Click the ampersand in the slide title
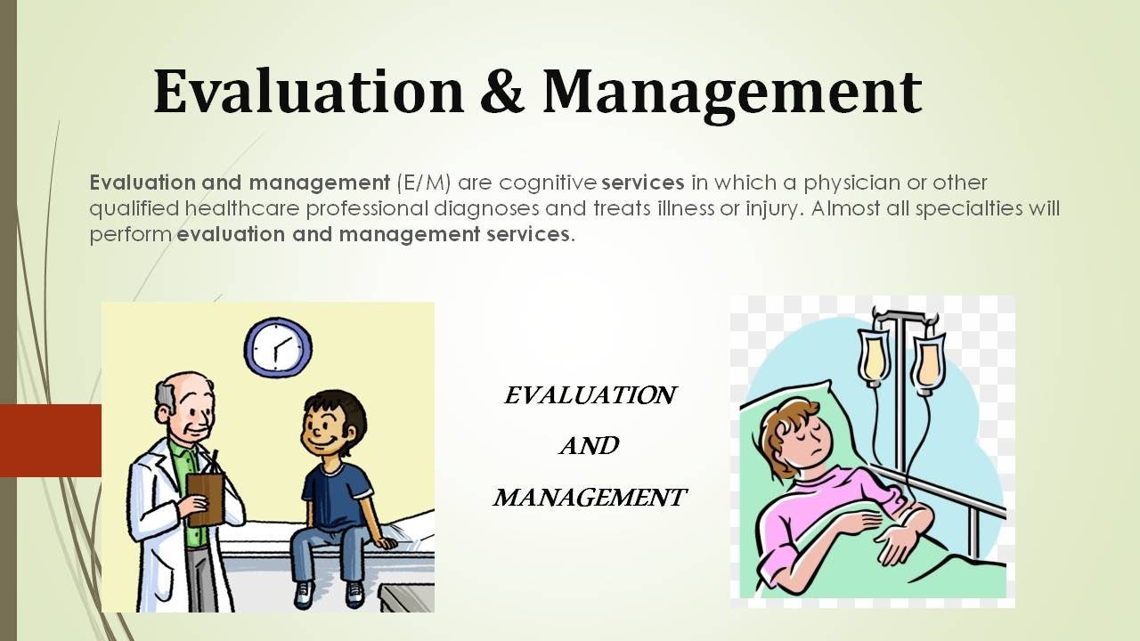(x=501, y=92)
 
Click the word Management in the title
(x=732, y=94)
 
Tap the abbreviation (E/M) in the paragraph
(x=423, y=183)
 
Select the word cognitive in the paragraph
(x=548, y=183)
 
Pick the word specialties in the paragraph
(x=969, y=209)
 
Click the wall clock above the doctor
(x=278, y=348)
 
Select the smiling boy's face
(x=326, y=428)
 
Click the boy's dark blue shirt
(x=337, y=497)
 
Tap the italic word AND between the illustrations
(x=590, y=446)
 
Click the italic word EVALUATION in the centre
(x=590, y=395)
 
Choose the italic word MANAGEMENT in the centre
(x=590, y=497)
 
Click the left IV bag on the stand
(x=874, y=357)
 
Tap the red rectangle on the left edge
(x=51, y=441)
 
